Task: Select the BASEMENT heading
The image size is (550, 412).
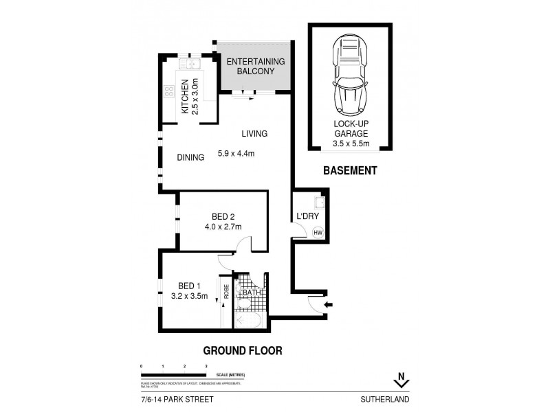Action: (x=350, y=171)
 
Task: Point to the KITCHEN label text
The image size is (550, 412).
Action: (x=184, y=97)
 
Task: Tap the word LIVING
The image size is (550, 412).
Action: (x=254, y=134)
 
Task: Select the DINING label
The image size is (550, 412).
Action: (x=190, y=157)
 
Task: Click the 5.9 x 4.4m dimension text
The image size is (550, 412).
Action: (x=236, y=153)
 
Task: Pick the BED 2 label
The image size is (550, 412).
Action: (x=223, y=216)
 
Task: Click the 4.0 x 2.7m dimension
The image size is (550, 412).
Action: (x=223, y=227)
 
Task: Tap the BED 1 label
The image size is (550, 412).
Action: (x=190, y=286)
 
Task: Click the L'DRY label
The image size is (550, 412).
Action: (x=307, y=217)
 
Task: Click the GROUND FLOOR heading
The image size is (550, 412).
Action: (x=243, y=350)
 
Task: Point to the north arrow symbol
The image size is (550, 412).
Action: (x=396, y=378)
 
